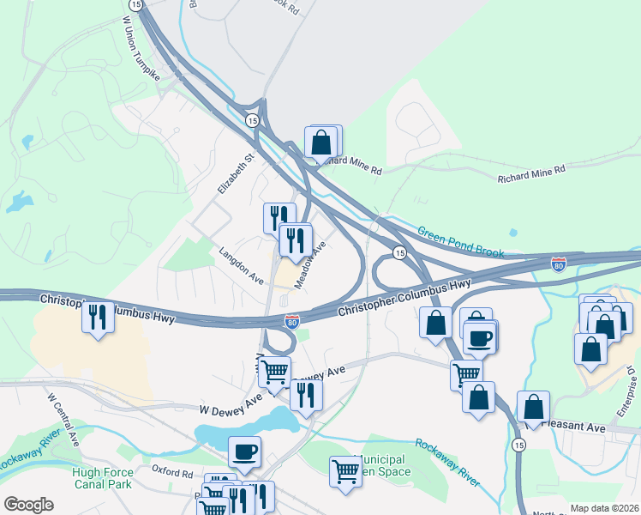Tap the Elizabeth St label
(225, 173)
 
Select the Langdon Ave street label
(241, 266)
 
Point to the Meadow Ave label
(311, 264)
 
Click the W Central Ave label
(63, 421)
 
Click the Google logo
(29, 504)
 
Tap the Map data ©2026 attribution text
(603, 508)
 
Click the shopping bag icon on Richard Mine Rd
(321, 142)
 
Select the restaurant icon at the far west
(97, 317)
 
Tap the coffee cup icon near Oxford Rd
(244, 451)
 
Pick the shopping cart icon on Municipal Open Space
(344, 470)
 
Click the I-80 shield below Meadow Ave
(292, 321)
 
